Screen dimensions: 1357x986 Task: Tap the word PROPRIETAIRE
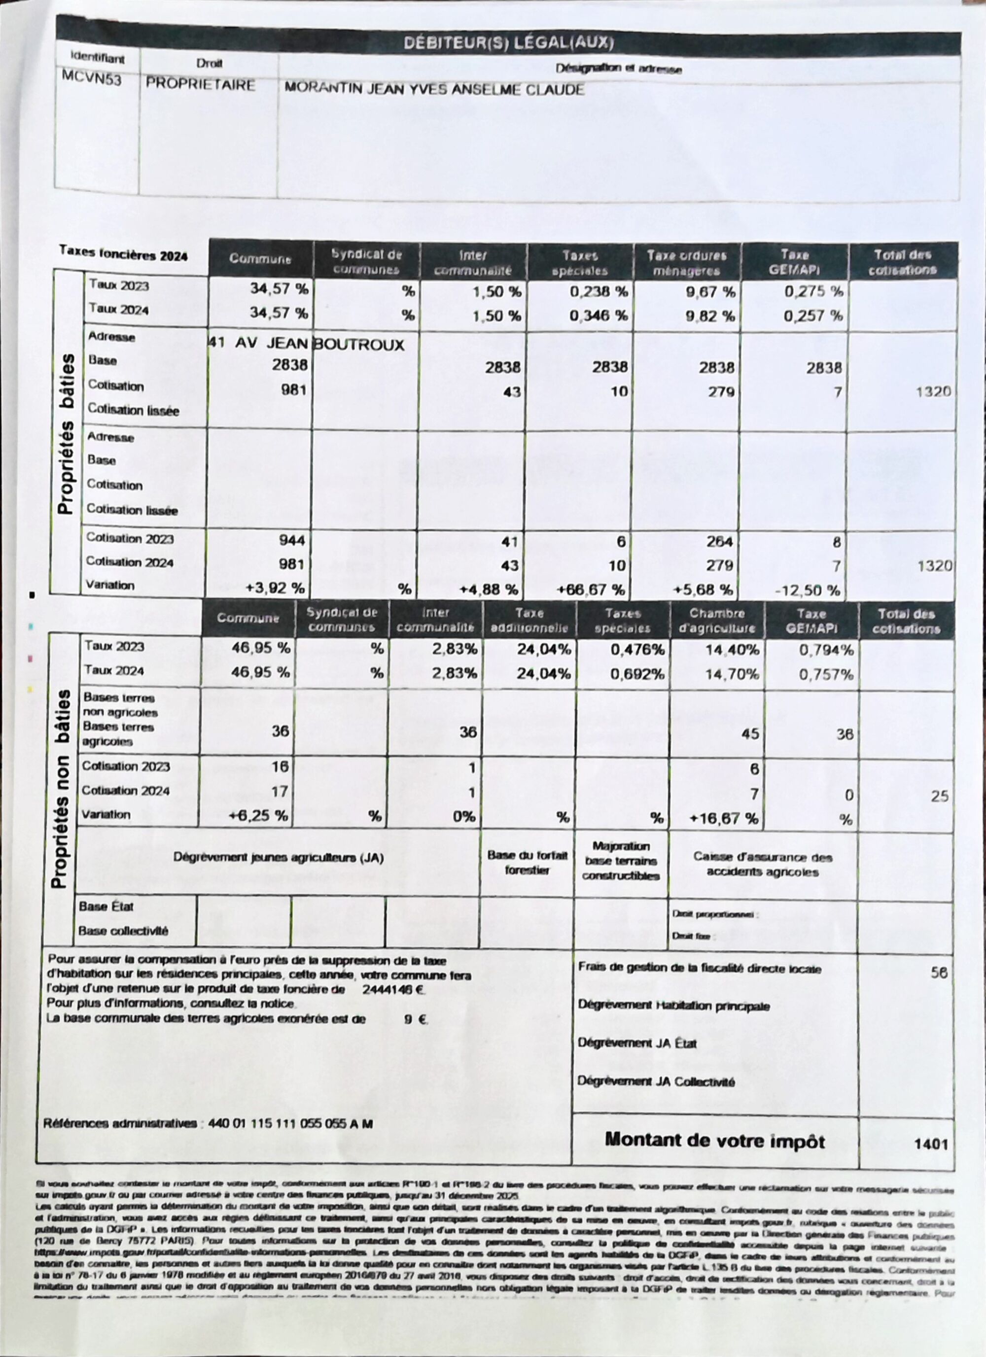point(201,85)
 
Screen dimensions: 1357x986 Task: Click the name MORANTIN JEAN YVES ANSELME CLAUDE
point(434,89)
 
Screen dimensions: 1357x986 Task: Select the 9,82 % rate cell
point(710,316)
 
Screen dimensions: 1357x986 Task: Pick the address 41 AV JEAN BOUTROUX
point(306,344)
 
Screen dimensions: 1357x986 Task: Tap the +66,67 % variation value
point(591,590)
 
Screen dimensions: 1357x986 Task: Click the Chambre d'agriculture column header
point(717,621)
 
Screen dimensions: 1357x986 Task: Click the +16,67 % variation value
point(724,818)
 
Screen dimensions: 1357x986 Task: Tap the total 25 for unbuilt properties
point(939,796)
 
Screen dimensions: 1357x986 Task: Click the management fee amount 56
point(939,973)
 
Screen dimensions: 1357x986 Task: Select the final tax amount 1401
point(931,1144)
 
